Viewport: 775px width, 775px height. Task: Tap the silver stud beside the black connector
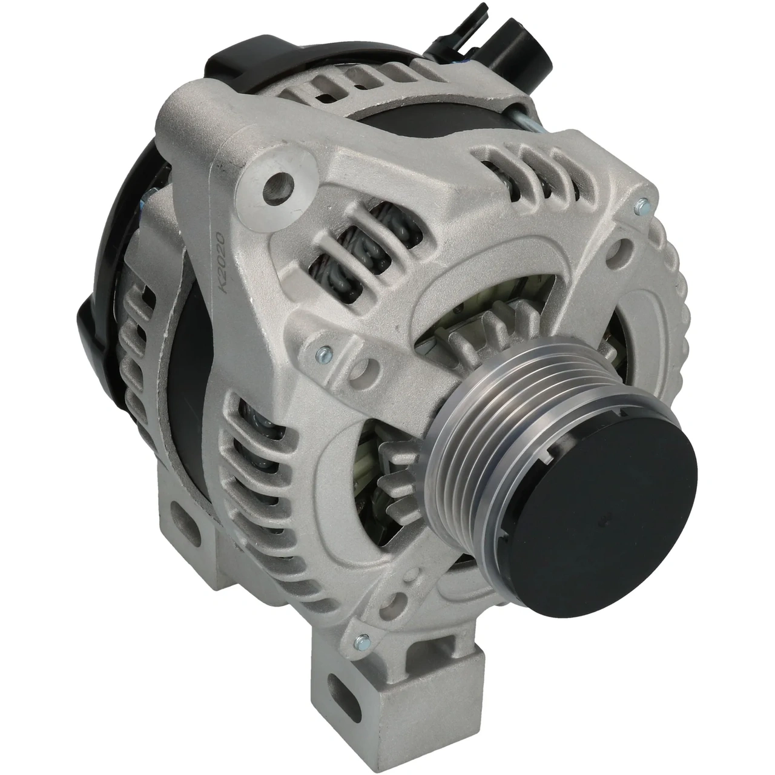click(527, 124)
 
